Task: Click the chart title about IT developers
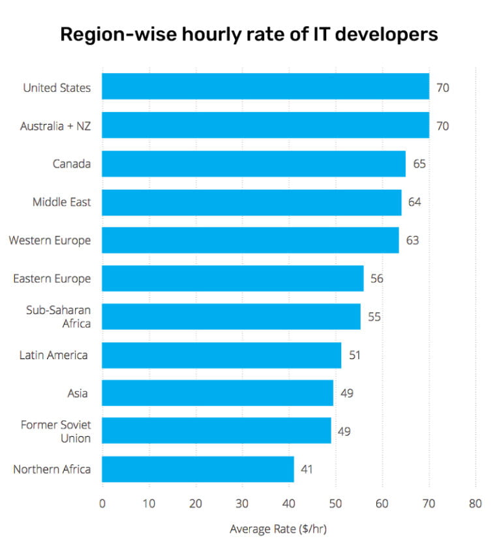pyautogui.click(x=249, y=35)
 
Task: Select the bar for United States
pyautogui.click(x=266, y=87)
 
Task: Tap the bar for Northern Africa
pyautogui.click(x=198, y=469)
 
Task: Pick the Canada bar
pyautogui.click(x=254, y=164)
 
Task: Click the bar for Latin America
pyautogui.click(x=221, y=355)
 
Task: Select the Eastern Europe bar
pyautogui.click(x=232, y=278)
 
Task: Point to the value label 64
pyautogui.click(x=414, y=202)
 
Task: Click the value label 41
pyautogui.click(x=307, y=469)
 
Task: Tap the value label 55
pyautogui.click(x=374, y=317)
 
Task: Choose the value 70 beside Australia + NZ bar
pyautogui.click(x=442, y=125)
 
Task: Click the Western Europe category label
pyautogui.click(x=50, y=241)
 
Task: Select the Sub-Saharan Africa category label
pyautogui.click(x=59, y=317)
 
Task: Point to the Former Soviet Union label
pyautogui.click(x=56, y=432)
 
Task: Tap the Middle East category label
pyautogui.click(x=62, y=202)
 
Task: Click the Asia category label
pyautogui.click(x=78, y=393)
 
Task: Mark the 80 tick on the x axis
pyautogui.click(x=475, y=503)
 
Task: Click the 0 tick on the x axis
pyautogui.click(x=102, y=503)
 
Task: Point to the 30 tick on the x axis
pyautogui.click(x=242, y=503)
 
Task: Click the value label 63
pyautogui.click(x=412, y=241)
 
